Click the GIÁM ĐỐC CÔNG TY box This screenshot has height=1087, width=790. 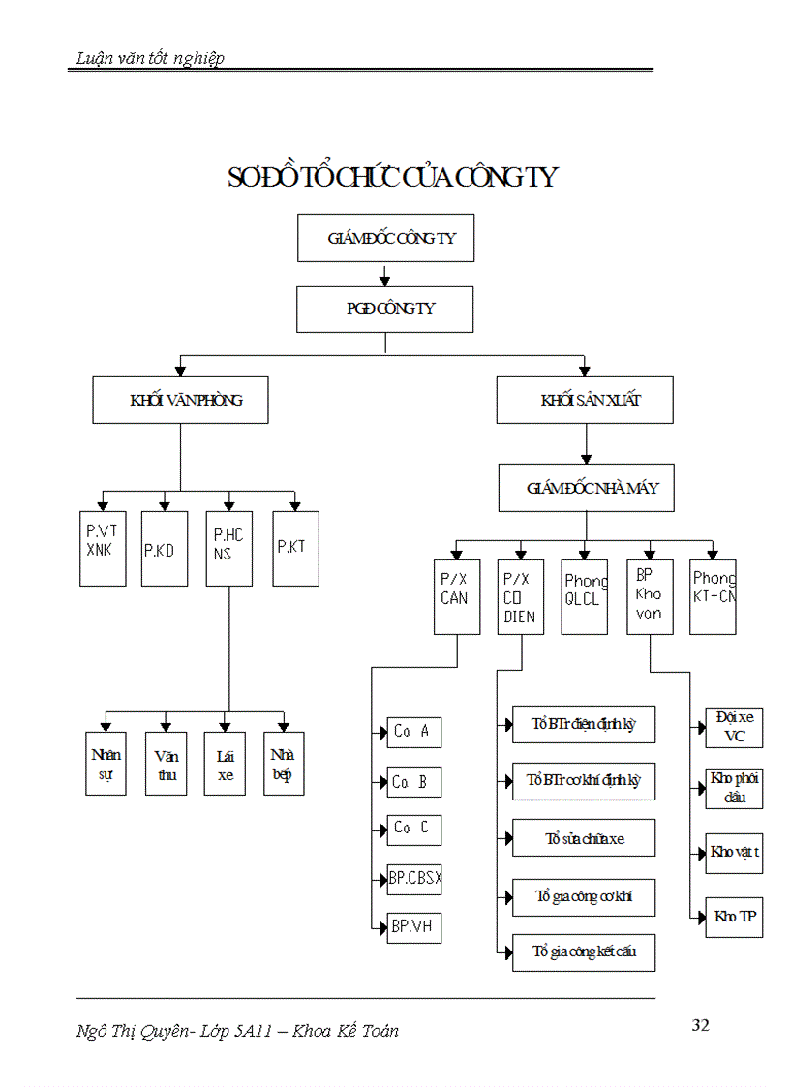click(385, 238)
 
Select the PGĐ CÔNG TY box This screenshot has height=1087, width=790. click(385, 309)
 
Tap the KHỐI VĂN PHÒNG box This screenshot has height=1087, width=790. click(180, 400)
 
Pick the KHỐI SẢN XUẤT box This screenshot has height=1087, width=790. click(585, 400)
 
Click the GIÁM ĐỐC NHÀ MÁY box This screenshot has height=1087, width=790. click(586, 488)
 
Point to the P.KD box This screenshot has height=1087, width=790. click(165, 549)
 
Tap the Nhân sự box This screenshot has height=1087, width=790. click(106, 765)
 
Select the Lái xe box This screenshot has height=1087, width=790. click(225, 765)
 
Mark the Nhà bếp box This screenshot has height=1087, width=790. click(284, 765)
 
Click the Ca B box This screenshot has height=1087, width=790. click(414, 782)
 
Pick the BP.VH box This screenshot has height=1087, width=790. click(414, 927)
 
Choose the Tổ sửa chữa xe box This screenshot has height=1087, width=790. click(584, 838)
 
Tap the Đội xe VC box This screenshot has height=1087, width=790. click(734, 727)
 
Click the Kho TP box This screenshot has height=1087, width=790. click(734, 916)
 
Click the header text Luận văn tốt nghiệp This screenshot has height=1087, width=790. click(150, 58)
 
